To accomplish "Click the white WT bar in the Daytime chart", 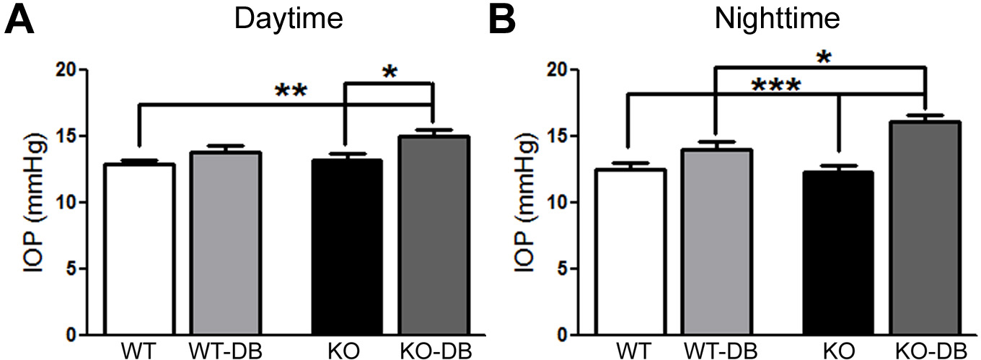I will pyautogui.click(x=139, y=249).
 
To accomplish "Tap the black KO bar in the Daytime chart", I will pyautogui.click(x=348, y=247).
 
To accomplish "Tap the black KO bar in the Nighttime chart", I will pyautogui.click(x=838, y=253).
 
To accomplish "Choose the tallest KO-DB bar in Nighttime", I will pyautogui.click(x=925, y=228).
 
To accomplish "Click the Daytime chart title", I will pyautogui.click(x=289, y=19).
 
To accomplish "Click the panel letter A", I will pyautogui.click(x=20, y=22).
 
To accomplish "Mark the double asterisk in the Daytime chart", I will pyautogui.click(x=291, y=92).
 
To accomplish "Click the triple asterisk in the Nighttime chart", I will pyautogui.click(x=775, y=87).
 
